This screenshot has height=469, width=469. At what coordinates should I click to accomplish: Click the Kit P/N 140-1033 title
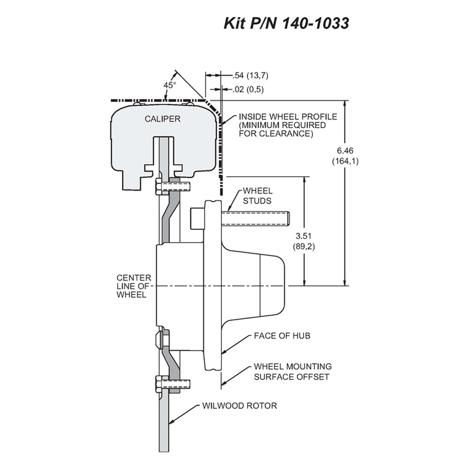click(286, 23)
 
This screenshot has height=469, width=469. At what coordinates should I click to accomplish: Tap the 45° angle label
click(170, 85)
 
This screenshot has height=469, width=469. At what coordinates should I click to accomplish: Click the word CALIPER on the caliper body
click(162, 119)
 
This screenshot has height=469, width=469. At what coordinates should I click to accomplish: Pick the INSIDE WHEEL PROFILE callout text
click(288, 125)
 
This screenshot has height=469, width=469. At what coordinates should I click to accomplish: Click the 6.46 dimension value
click(345, 151)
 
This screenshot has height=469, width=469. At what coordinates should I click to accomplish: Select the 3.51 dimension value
click(303, 236)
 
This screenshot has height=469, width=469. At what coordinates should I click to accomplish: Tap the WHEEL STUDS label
click(257, 196)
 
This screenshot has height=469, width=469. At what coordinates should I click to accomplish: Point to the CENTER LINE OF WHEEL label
click(134, 286)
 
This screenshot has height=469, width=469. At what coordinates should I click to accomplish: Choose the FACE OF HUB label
click(282, 336)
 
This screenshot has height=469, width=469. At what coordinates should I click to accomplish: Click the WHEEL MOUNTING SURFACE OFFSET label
click(293, 371)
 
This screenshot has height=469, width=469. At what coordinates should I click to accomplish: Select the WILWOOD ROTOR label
click(240, 406)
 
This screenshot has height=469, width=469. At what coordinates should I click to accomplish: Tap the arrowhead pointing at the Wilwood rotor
click(171, 422)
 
